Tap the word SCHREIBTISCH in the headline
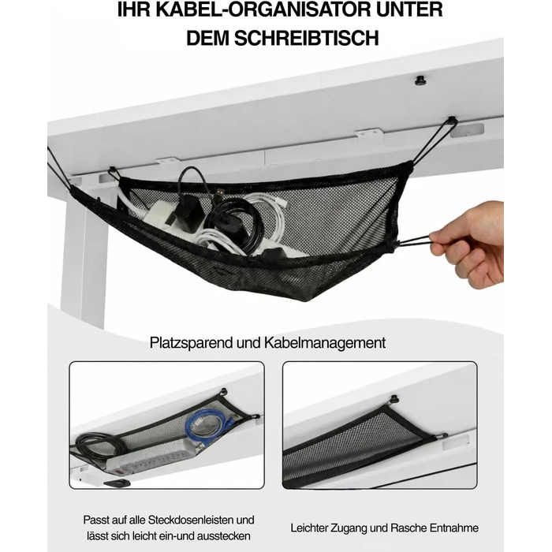coord(307,38)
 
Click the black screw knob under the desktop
coord(420,80)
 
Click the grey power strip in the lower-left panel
coord(151,455)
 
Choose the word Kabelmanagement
coord(325,342)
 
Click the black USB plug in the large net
coord(220,193)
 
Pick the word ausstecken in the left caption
coord(223,536)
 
